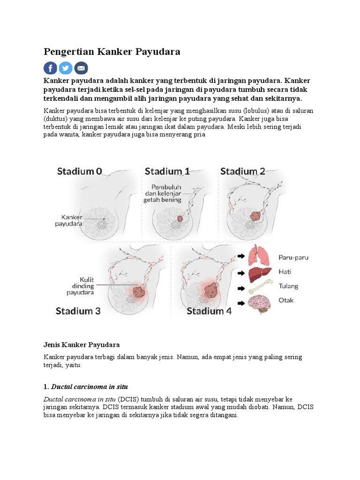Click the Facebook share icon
click(x=51, y=68)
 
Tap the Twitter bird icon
click(x=66, y=68)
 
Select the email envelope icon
click(x=81, y=68)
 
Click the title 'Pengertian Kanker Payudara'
click(x=112, y=52)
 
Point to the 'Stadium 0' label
click(x=79, y=172)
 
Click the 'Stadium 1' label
click(x=167, y=172)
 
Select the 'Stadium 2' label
click(x=242, y=172)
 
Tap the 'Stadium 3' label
click(x=78, y=310)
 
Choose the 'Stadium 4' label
click(x=209, y=310)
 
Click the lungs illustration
click(x=259, y=256)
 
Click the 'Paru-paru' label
click(x=293, y=257)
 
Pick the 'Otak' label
click(x=286, y=300)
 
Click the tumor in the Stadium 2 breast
click(x=256, y=216)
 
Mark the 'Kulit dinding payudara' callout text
click(x=80, y=286)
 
